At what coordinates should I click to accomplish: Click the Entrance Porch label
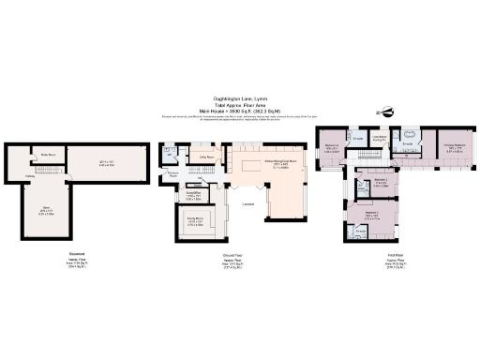173,174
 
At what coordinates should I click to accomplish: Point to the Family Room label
195,219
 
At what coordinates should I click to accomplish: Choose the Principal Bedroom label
454,146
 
